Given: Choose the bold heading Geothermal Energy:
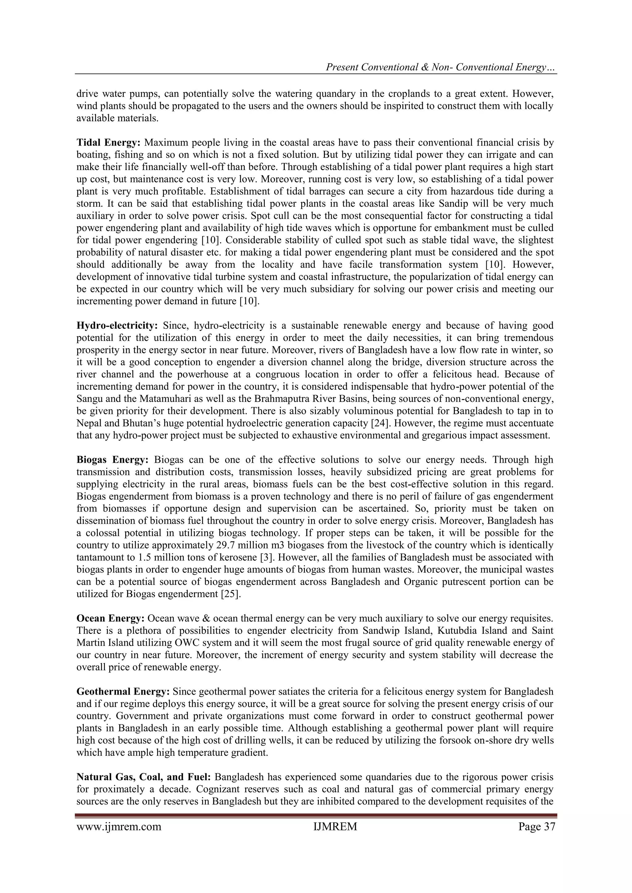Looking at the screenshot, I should [123, 692].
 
